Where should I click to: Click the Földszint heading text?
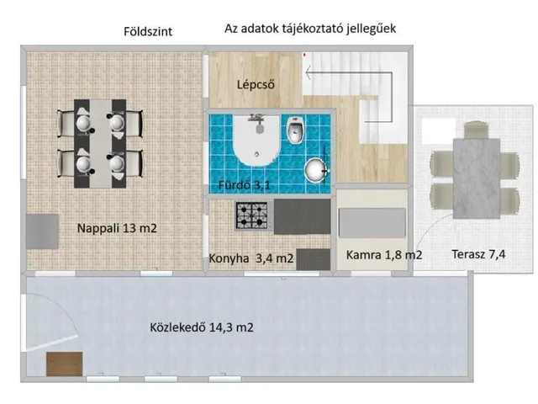(148, 32)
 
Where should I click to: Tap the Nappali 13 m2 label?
(117, 228)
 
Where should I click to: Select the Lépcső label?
(256, 84)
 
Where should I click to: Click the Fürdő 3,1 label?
(245, 185)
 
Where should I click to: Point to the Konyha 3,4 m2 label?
(251, 258)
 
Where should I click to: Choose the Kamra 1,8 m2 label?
(384, 255)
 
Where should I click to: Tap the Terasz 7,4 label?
(478, 254)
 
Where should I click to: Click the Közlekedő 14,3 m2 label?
(202, 327)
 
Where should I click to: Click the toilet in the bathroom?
(295, 130)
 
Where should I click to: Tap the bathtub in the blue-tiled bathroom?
(256, 141)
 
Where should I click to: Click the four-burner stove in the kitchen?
(251, 215)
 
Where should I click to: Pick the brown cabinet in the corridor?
(65, 364)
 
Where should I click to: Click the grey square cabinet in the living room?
(42, 231)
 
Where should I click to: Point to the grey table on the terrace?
(477, 178)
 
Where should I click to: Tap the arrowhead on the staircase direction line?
(308, 72)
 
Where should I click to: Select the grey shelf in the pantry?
(372, 222)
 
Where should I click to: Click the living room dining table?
(100, 144)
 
